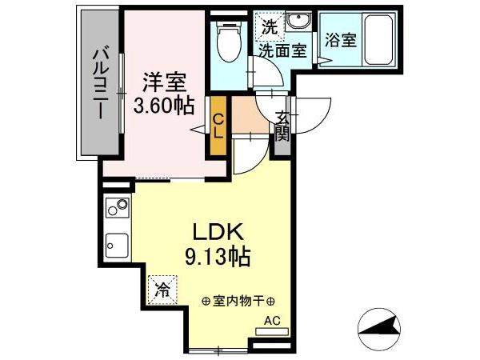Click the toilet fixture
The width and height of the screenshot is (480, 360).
(229, 42)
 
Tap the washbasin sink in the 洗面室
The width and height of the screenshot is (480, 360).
(298, 21)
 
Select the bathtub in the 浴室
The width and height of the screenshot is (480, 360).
(379, 39)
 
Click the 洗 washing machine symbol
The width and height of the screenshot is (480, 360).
(270, 26)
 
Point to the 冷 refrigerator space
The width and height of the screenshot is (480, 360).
(162, 290)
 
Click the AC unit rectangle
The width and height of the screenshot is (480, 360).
(272, 331)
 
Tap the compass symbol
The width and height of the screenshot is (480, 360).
(379, 330)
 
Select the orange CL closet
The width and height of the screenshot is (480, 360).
(218, 126)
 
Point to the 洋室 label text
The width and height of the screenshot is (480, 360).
(164, 82)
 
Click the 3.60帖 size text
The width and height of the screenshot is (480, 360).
(164, 106)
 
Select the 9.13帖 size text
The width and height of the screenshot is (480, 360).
(218, 257)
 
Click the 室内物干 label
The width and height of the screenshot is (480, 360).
(238, 302)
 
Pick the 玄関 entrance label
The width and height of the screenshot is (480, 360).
(282, 126)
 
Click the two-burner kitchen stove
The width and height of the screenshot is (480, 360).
(118, 208)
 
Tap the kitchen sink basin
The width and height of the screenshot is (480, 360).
(118, 246)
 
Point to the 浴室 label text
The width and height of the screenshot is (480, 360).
(341, 40)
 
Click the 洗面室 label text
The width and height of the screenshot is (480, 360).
(282, 50)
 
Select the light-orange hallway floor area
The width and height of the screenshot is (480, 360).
(250, 114)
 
